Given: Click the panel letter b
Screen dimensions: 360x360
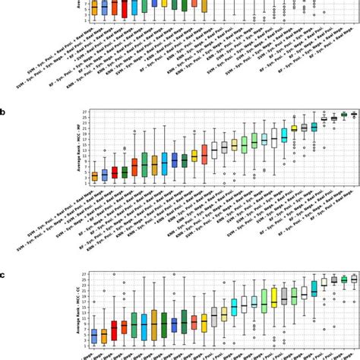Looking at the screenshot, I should [x=3, y=112].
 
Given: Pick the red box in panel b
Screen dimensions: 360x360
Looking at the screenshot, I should [x=115, y=172].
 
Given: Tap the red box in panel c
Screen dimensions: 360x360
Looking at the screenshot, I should [x=115, y=330].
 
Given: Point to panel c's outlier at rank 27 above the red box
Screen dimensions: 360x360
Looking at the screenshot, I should [x=115, y=274].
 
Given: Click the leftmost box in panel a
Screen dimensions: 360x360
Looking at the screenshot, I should [x=94, y=8].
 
